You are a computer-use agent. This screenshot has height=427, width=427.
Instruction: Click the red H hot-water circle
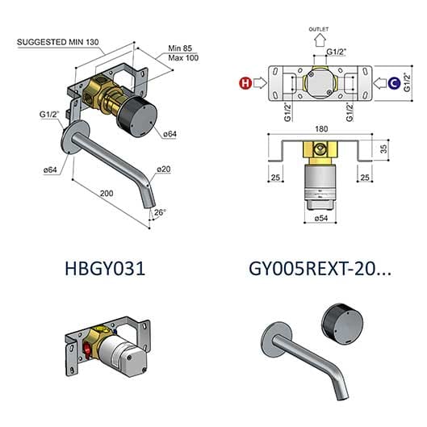tap(245, 83)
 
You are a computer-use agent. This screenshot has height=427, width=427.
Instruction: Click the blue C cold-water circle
tap(394, 83)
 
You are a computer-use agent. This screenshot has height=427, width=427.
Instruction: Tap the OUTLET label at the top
tap(319, 29)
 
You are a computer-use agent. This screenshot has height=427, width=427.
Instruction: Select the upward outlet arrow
tap(320, 41)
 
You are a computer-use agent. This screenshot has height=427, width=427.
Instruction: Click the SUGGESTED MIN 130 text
tap(58, 42)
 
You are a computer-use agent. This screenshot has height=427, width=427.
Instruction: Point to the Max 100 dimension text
tap(183, 58)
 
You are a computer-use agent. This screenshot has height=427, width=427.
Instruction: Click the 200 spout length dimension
tap(107, 194)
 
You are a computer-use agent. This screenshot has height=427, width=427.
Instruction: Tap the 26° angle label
tap(160, 212)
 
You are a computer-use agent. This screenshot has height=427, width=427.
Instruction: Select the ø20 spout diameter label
tap(164, 170)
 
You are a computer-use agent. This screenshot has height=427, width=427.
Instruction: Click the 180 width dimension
tap(321, 129)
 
